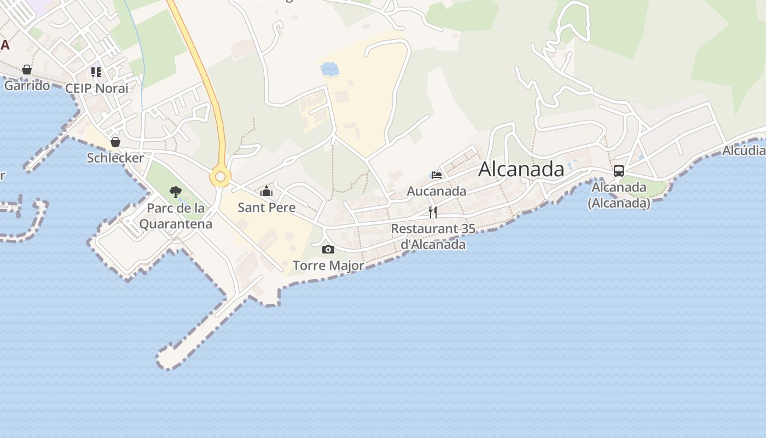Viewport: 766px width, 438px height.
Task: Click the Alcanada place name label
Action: [x=521, y=169]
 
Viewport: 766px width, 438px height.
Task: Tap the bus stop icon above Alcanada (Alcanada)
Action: [x=619, y=171]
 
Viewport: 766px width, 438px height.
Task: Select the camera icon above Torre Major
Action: [x=328, y=250]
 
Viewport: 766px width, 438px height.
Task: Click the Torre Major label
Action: [x=328, y=266]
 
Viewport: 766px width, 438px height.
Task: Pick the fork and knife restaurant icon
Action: [x=433, y=212]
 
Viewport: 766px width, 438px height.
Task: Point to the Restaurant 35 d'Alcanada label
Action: [x=433, y=237]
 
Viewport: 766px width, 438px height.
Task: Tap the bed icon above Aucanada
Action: [x=437, y=175]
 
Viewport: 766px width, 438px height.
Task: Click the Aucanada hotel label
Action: [x=437, y=191]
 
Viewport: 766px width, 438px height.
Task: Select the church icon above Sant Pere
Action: [x=266, y=191]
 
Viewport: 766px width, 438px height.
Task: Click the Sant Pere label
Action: [x=266, y=208]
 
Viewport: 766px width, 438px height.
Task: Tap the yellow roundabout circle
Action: [x=220, y=177]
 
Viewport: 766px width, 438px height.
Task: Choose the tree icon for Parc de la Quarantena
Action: [x=176, y=192]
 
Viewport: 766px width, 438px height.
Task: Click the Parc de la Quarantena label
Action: [x=176, y=216]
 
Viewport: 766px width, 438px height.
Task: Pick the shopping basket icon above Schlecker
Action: [x=115, y=142]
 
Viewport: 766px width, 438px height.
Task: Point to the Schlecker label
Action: [x=115, y=158]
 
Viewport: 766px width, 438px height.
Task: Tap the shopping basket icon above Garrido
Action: [x=27, y=70]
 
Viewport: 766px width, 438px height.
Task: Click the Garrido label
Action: [x=27, y=85]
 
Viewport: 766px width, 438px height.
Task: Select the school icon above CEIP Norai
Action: [x=96, y=72]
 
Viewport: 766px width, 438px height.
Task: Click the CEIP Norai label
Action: [x=96, y=88]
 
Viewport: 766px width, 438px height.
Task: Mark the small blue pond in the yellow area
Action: [x=330, y=70]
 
